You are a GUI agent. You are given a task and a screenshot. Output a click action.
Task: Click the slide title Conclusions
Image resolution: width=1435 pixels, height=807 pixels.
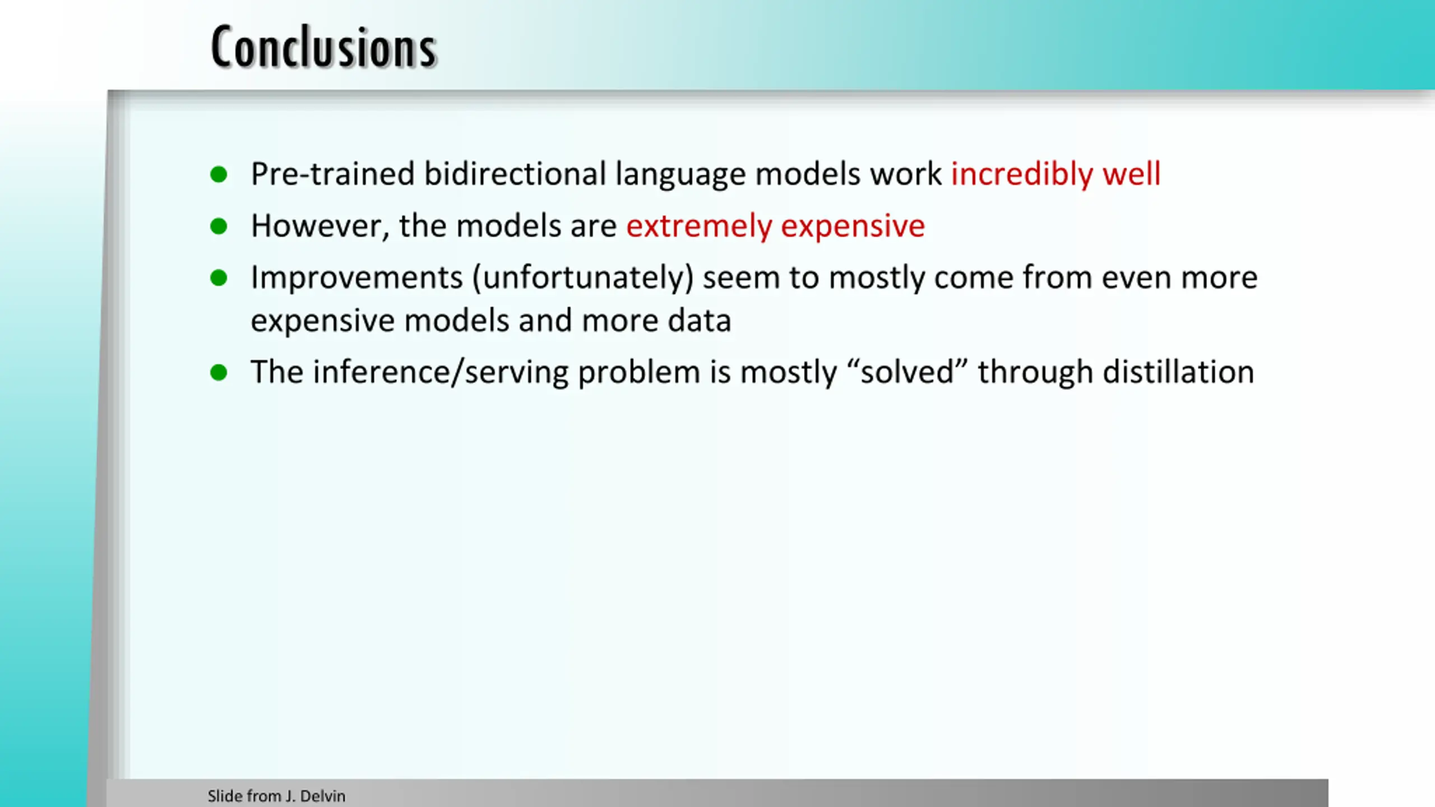pos(323,47)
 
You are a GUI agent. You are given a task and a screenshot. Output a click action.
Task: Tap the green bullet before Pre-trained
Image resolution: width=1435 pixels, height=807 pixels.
pos(219,174)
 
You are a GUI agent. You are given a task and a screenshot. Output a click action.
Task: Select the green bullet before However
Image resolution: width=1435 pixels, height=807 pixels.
pos(219,226)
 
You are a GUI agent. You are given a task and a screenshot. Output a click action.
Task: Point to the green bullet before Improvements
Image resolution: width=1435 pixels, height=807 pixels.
pos(219,278)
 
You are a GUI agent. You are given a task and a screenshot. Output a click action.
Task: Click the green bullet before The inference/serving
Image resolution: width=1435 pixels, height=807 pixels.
pos(219,372)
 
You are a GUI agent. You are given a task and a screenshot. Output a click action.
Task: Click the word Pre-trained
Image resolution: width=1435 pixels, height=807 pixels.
pos(332,174)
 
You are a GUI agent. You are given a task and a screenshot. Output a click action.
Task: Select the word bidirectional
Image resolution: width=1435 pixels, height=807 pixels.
pos(515,174)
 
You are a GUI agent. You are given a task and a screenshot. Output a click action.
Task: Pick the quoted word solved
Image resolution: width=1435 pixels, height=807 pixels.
pos(907,372)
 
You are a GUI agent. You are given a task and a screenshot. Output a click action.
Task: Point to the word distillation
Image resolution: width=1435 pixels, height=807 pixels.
pos(1178,372)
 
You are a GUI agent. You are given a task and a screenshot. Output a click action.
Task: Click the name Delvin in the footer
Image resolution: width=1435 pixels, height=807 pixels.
pos(323,796)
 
